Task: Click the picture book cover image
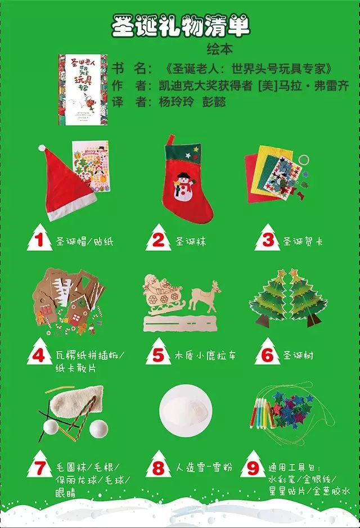click(83, 89)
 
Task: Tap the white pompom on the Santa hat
click(42, 148)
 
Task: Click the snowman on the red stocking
click(183, 187)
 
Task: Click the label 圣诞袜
click(191, 241)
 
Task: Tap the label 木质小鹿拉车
click(205, 355)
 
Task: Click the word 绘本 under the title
click(219, 49)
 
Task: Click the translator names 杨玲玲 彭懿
click(192, 102)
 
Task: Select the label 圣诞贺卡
click(303, 241)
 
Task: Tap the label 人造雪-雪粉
click(204, 467)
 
